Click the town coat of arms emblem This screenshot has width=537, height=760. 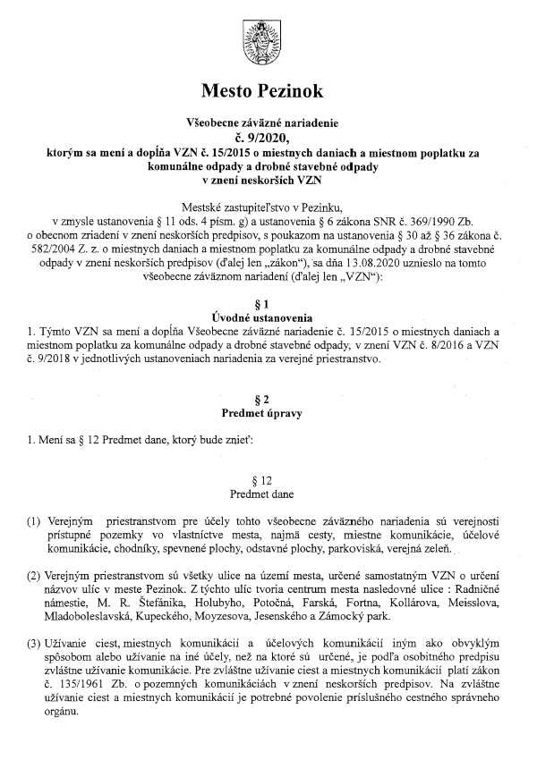[268, 41]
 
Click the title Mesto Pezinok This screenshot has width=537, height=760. [268, 91]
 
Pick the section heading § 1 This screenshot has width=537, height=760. [268, 304]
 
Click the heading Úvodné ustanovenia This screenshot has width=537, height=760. [268, 317]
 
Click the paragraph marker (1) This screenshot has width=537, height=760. [33, 521]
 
